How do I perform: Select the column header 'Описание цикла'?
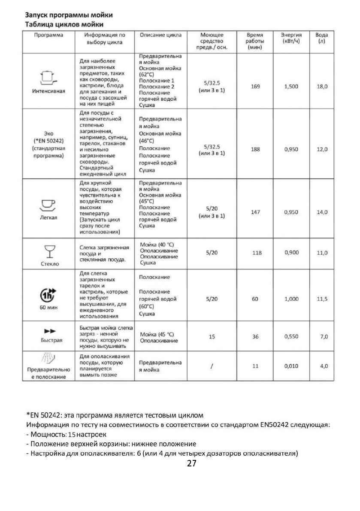[x=160, y=35]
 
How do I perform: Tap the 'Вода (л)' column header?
[x=321, y=38]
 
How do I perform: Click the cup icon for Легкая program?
[x=48, y=205]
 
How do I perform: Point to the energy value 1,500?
[x=291, y=87]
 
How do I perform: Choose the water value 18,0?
[x=322, y=87]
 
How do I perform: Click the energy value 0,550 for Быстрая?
[x=291, y=337]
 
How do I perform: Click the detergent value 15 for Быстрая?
[x=212, y=337]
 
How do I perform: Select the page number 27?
[x=192, y=464]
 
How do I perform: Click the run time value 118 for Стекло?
[x=257, y=253]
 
